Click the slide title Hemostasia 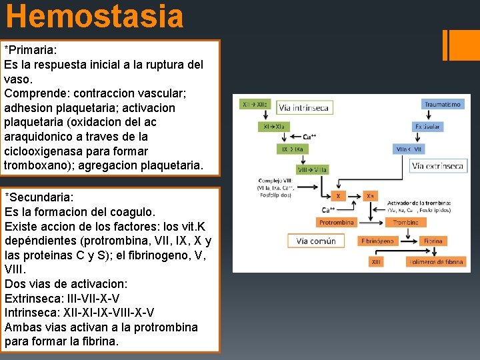(x=94, y=16)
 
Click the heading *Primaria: (x=31, y=51)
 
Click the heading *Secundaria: (x=39, y=197)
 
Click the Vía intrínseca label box (x=304, y=107)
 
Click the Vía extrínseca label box (x=437, y=166)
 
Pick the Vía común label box (x=316, y=241)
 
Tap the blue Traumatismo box (x=442, y=104)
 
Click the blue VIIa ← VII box (x=409, y=149)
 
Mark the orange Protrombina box (x=336, y=222)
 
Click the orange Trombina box (x=405, y=222)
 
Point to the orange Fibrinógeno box (x=377, y=241)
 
